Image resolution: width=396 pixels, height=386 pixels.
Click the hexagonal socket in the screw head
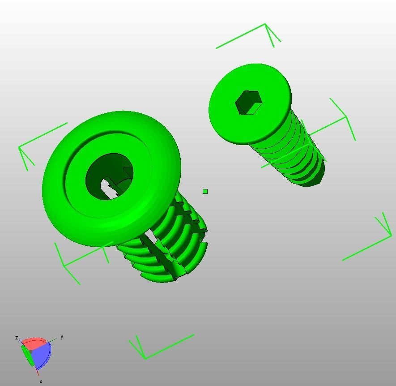248,103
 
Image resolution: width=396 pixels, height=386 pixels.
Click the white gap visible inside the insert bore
107,189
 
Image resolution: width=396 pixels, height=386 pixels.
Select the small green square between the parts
205,192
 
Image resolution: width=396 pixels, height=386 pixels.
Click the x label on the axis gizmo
41,382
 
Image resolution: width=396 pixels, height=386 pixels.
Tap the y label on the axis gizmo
62,336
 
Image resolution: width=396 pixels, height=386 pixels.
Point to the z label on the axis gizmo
17,338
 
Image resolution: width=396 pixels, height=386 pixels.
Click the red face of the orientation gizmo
34,343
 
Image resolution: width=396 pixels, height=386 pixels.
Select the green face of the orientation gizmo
27,355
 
